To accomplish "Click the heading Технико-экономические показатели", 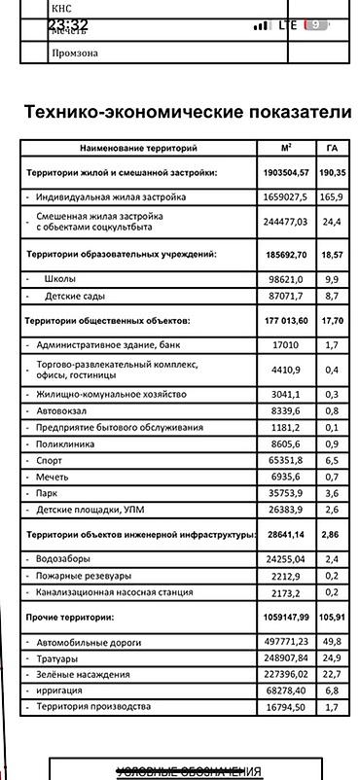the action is pyautogui.click(x=188, y=112).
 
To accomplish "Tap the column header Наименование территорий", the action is pyautogui.click(x=138, y=149).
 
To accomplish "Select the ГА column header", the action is pyautogui.click(x=332, y=149).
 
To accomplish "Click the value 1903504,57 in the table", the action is pyautogui.click(x=285, y=172).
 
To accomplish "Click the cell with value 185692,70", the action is pyautogui.click(x=285, y=254).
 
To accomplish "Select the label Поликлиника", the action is pyautogui.click(x=69, y=443).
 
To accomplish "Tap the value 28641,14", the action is pyautogui.click(x=285, y=534).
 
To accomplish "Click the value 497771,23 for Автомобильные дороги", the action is pyautogui.click(x=285, y=641).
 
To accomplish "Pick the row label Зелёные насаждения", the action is pyautogui.click(x=83, y=674).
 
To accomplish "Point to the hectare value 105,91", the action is pyautogui.click(x=332, y=617).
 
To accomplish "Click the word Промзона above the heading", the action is pyautogui.click(x=75, y=54).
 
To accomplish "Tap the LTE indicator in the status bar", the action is pyautogui.click(x=287, y=25).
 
